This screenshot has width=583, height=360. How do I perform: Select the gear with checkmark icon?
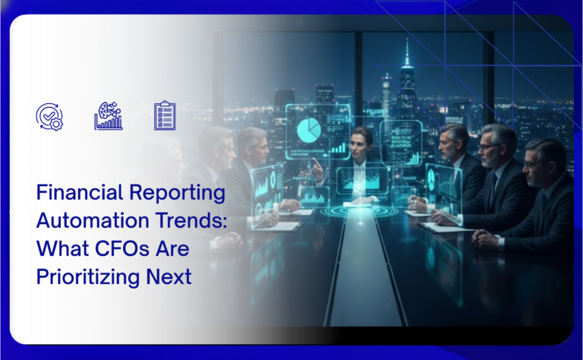point(50,115)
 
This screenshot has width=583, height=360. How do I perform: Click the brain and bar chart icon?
point(108,115)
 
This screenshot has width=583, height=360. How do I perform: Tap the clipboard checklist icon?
point(165,115)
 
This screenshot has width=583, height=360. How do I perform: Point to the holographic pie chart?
point(309,130)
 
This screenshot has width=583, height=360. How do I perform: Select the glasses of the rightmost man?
point(534,163)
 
